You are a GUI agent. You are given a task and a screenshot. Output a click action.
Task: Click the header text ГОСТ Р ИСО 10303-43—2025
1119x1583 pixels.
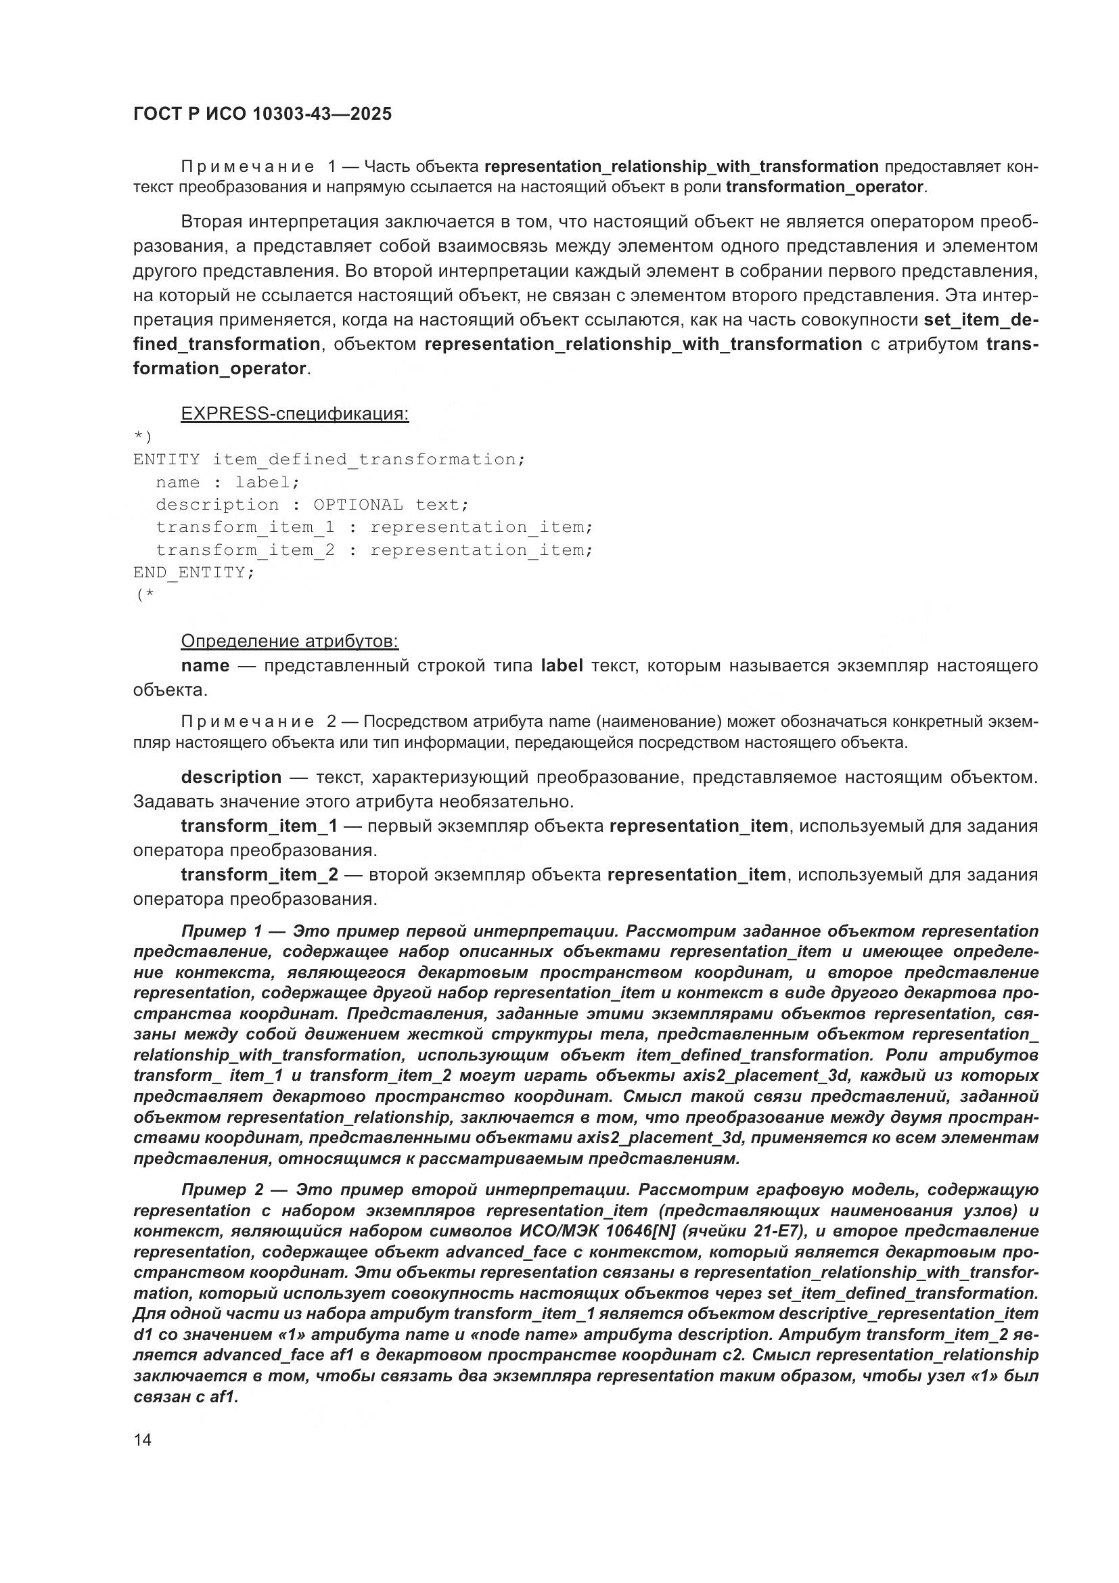[262, 114]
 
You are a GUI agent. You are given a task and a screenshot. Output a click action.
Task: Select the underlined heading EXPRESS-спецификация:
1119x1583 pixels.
[294, 414]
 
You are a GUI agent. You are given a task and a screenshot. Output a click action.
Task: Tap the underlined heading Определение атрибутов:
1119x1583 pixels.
[290, 641]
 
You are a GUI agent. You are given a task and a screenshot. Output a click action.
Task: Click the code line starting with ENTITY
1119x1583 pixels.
[329, 459]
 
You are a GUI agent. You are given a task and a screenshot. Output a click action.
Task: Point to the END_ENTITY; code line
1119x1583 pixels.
[193, 573]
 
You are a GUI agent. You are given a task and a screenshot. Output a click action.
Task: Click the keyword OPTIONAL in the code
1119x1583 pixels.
[358, 505]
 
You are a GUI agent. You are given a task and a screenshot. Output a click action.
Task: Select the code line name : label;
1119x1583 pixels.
[227, 482]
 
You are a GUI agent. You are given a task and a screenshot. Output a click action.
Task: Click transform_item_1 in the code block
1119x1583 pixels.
[245, 527]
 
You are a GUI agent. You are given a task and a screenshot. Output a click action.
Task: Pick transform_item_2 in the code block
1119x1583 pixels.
[245, 550]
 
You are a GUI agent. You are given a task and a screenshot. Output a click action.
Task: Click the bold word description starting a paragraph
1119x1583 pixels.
[231, 777]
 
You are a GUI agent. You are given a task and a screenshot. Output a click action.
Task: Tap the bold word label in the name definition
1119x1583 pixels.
[562, 665]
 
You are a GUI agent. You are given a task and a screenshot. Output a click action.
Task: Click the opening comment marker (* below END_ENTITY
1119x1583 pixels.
[144, 595]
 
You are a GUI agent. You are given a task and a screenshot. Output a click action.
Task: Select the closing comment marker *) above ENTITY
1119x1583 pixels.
[143, 437]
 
